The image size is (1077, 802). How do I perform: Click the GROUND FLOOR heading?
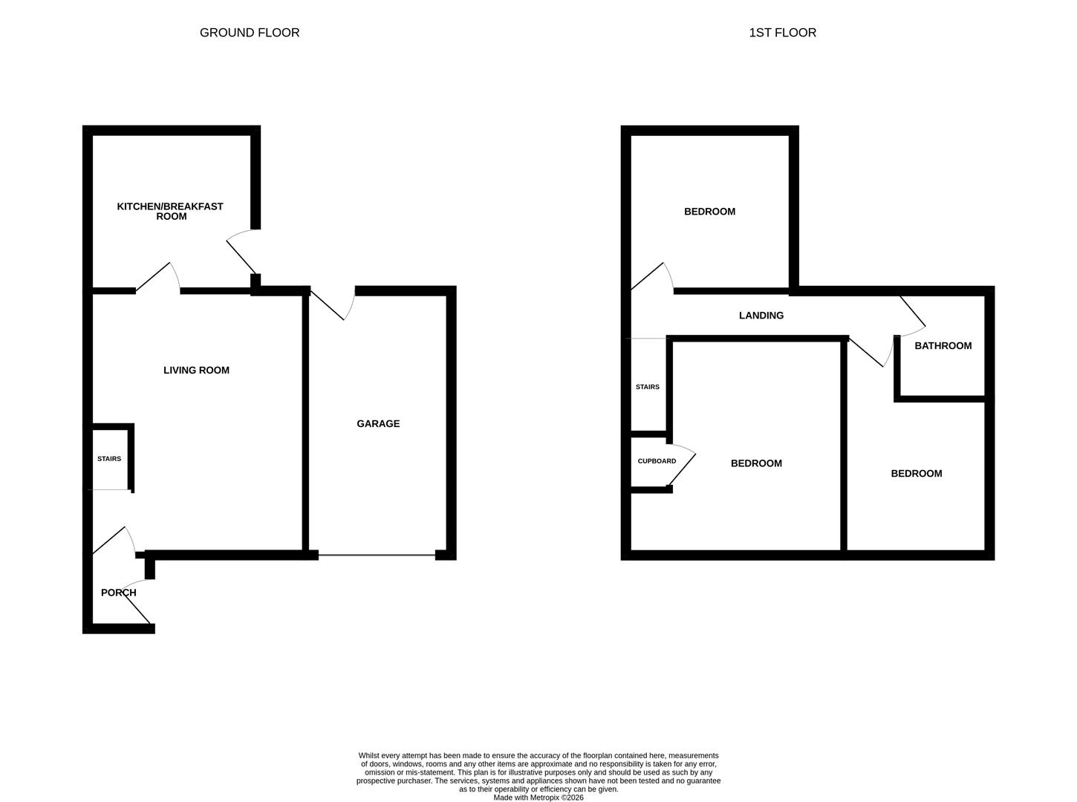click(249, 33)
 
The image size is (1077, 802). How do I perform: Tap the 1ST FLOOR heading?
click(782, 33)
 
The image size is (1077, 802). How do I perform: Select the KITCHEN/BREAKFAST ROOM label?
click(170, 211)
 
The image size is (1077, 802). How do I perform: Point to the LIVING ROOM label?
click(196, 370)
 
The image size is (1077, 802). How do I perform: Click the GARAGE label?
click(378, 423)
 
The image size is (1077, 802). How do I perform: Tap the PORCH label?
click(119, 593)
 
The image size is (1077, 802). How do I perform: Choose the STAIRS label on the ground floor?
click(109, 458)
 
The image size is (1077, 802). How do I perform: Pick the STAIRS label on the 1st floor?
click(647, 386)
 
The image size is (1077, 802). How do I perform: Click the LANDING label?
click(761, 315)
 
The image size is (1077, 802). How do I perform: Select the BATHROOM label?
click(943, 345)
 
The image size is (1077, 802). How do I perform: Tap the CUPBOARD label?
click(657, 460)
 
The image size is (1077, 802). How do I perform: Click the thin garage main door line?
click(377, 555)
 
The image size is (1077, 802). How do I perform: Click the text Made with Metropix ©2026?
click(538, 797)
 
